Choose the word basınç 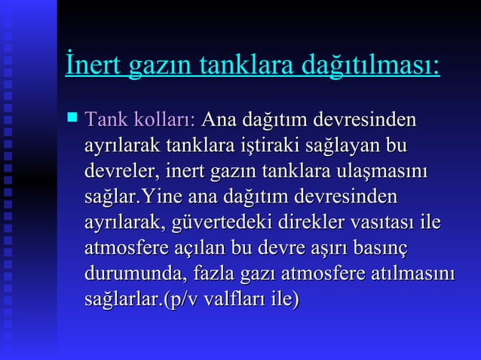[388, 249]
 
